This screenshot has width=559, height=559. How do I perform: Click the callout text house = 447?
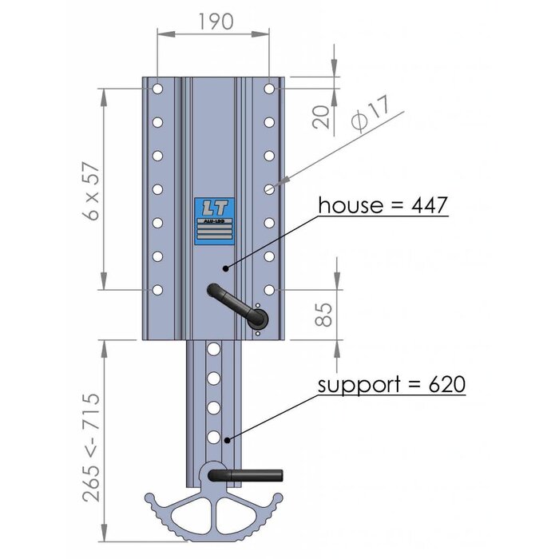pos(383,205)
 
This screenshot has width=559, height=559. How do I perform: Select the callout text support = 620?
pos(391,384)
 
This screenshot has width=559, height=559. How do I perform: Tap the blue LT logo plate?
pos(214,220)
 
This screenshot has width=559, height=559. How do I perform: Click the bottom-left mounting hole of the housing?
pos(158,289)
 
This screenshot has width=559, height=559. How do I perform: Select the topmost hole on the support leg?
pos(213,349)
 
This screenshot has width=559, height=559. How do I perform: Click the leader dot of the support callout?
pos(228,439)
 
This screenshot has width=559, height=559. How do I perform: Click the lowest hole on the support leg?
pos(213,437)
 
